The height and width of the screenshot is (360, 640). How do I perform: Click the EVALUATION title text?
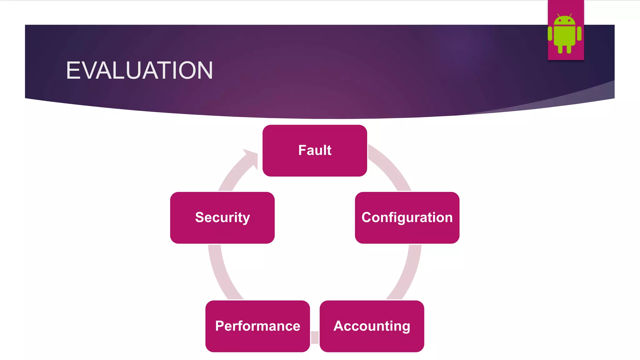(x=139, y=70)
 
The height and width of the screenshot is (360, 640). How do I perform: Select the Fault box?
(x=315, y=151)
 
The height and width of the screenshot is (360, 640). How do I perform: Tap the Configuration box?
(x=407, y=218)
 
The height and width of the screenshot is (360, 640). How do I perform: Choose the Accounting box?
(x=372, y=326)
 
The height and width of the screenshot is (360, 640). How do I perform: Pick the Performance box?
(x=257, y=326)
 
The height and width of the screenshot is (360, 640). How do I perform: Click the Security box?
(x=222, y=218)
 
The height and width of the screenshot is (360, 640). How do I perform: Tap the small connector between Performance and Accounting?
(x=315, y=337)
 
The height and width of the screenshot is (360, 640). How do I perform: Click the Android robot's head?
(x=564, y=20)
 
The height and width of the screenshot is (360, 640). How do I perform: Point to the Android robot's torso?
(x=564, y=35)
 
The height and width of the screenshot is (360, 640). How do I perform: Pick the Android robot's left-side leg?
(x=560, y=49)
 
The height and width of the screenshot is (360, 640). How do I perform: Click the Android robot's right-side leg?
(x=569, y=49)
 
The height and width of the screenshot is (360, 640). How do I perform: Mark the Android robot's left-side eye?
(x=560, y=21)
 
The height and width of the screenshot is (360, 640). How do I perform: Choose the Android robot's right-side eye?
(x=569, y=21)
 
